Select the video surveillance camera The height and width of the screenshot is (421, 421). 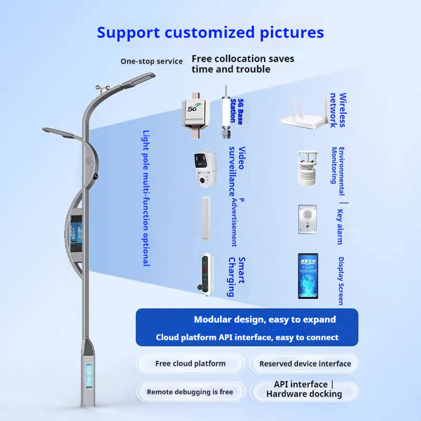pos(205,167)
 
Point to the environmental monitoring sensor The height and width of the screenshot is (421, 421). pos(307,168)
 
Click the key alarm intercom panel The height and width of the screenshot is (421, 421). pos(308,219)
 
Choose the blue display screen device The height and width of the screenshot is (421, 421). pos(308,276)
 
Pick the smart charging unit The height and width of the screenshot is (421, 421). pos(207,274)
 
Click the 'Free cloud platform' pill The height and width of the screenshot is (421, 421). pos(191,364)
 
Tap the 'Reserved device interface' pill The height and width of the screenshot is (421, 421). pos(305,364)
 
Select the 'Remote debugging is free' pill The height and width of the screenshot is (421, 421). pos(191,392)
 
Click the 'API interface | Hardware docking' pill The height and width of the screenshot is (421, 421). pos(304,389)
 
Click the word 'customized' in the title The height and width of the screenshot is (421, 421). pos(209,33)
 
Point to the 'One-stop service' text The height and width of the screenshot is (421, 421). pos(152,61)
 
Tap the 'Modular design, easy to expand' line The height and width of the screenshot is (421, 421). pos(265,319)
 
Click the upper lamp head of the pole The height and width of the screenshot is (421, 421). pos(138,79)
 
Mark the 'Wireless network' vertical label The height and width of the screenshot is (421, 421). pos(338,110)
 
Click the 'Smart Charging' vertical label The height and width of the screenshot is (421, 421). pos(237,277)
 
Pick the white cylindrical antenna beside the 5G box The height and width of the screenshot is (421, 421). pos(226,112)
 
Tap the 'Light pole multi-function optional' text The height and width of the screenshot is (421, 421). pos(146,198)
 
